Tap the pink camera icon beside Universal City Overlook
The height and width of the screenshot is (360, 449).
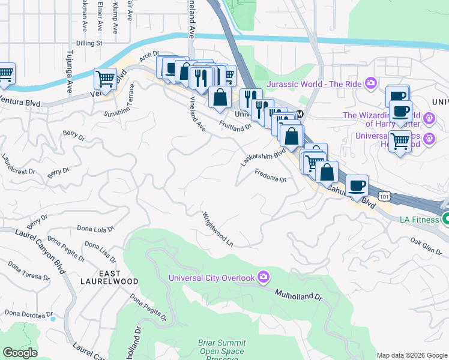264,277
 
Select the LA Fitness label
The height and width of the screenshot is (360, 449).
420,220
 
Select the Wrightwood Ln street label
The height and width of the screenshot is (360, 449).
217,229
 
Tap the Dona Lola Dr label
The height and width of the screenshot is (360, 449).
95,229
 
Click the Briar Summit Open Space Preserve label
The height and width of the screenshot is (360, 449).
221,351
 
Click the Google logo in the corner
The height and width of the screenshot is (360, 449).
20,353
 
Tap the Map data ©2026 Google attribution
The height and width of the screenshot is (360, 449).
412,355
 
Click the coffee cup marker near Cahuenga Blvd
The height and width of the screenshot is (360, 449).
357,185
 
